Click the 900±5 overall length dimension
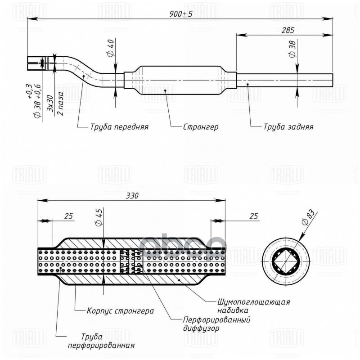click(x=180, y=14)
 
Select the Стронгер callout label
click(x=201, y=127)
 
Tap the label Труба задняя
click(x=288, y=127)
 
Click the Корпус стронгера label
click(x=121, y=311)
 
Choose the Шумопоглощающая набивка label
click(x=253, y=306)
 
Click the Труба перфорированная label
click(x=101, y=341)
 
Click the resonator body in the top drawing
click(x=180, y=80)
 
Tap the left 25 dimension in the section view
click(x=68, y=216)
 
